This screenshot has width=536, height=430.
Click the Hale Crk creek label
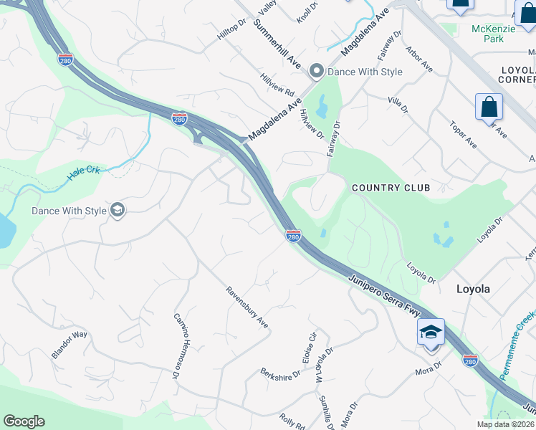[84, 171]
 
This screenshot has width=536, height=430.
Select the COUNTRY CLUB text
[391, 188]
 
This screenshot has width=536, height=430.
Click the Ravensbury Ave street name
[247, 308]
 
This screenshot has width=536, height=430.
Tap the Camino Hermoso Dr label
[176, 345]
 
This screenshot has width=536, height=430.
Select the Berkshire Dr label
[280, 374]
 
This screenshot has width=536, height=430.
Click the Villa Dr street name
[397, 105]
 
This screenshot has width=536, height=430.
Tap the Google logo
[24, 421]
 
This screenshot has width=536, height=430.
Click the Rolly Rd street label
[292, 421]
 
